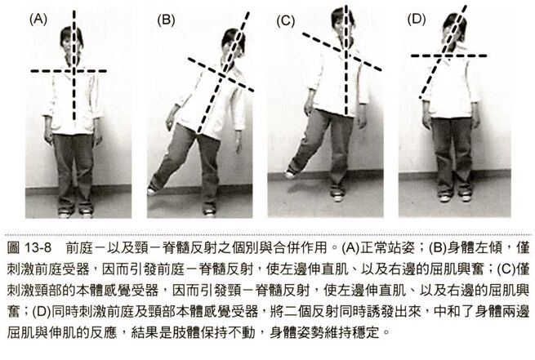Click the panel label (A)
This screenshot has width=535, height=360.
click(x=38, y=19)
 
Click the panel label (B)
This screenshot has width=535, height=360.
click(x=166, y=20)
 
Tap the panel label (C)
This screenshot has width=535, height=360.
click(x=285, y=21)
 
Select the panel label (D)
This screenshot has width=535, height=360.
click(x=417, y=19)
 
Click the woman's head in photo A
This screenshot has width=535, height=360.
click(x=72, y=42)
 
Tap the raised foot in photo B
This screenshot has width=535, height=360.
click(x=151, y=191)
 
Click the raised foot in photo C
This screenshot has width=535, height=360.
click(x=290, y=175)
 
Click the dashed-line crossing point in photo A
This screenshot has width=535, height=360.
click(x=74, y=71)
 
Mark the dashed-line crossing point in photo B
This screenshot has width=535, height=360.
click(x=222, y=75)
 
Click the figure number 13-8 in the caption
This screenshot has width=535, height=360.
click(x=38, y=248)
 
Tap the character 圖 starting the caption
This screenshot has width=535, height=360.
click(x=13, y=248)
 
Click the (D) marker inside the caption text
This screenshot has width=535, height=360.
click(x=42, y=312)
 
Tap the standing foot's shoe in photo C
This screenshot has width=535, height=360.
click(x=337, y=196)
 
